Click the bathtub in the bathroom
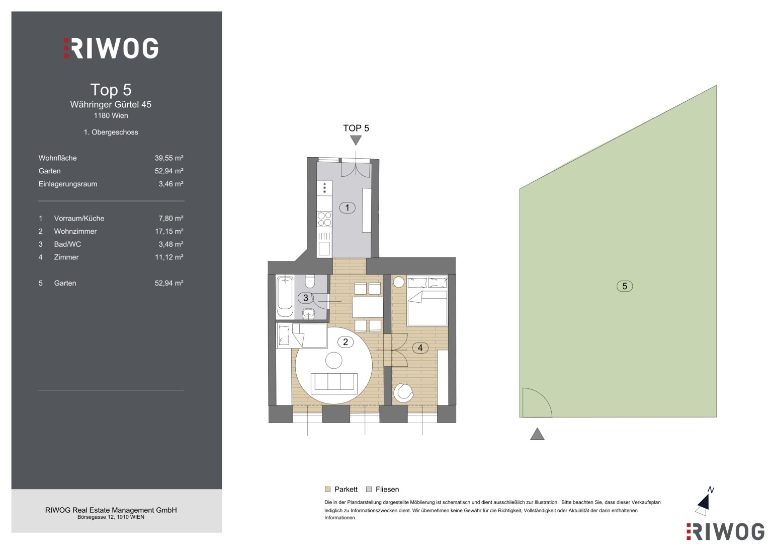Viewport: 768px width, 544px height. tap(285, 297)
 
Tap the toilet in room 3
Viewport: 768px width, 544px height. tap(310, 281)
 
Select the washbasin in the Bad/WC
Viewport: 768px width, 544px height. tap(309, 313)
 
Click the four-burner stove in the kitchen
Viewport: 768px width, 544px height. tap(324, 219)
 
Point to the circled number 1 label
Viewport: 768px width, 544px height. tap(347, 208)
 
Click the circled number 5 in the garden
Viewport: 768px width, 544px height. tap(624, 286)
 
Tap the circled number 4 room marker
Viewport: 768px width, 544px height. tap(420, 348)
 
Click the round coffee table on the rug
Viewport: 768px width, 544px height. tap(333, 361)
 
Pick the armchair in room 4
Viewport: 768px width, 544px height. tap(403, 393)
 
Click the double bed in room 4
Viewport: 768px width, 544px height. tap(427, 301)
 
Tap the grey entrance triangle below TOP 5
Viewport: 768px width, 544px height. tap(356, 140)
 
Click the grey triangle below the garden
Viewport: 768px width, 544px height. tap(537, 434)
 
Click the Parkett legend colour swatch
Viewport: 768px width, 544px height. tap(327, 489)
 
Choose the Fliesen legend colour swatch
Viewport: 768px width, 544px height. tap(369, 489)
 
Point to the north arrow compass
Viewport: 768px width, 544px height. tap(704, 503)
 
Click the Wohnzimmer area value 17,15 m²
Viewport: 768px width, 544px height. tap(169, 232)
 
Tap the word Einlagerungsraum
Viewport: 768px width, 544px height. tap(68, 184)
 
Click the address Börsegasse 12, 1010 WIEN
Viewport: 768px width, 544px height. tap(111, 517)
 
